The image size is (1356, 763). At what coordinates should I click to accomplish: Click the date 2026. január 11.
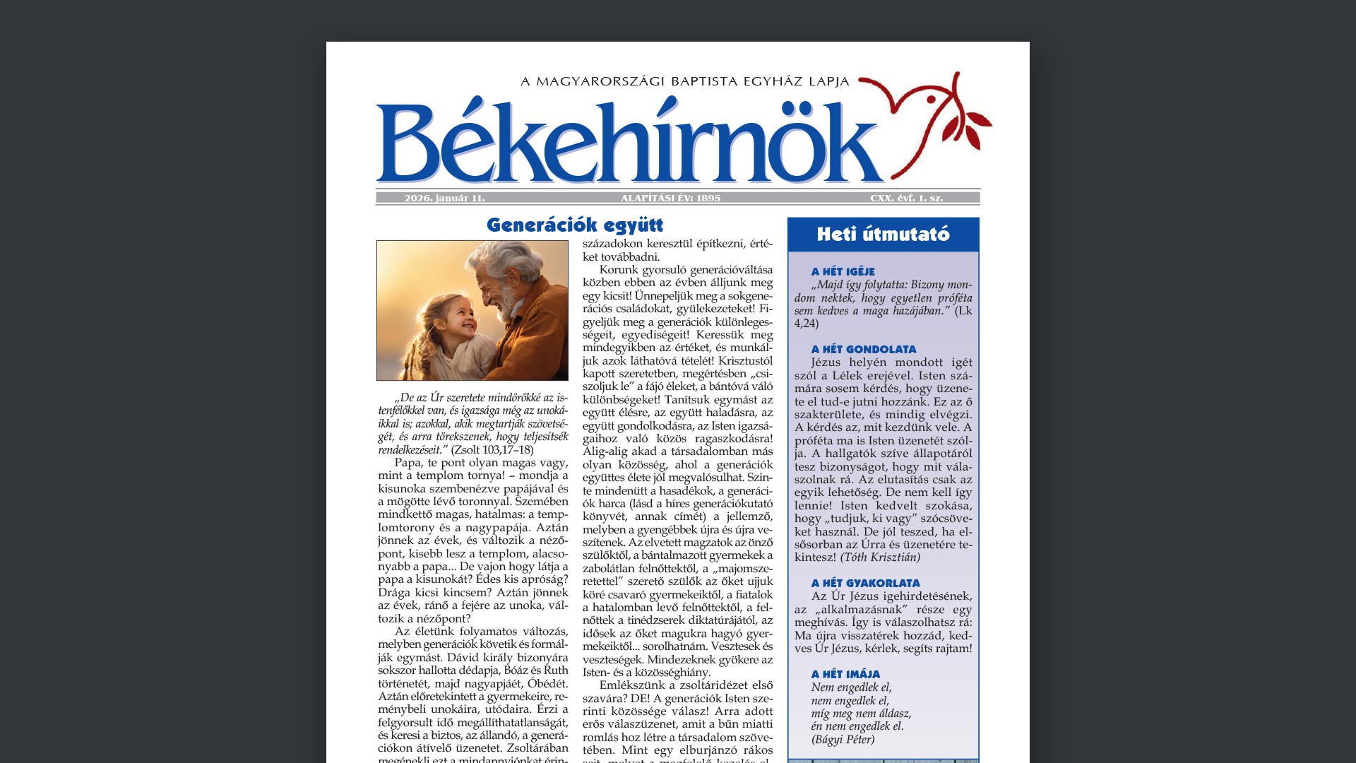[x=444, y=199]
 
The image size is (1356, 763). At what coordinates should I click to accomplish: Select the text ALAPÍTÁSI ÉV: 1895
[x=670, y=199]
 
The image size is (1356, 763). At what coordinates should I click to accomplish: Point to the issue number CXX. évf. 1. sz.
[x=906, y=199]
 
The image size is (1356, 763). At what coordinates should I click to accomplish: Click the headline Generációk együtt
[x=575, y=225]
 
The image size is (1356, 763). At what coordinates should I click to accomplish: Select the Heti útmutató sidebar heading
[x=883, y=235]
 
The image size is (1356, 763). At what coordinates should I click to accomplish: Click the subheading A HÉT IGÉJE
[x=843, y=272]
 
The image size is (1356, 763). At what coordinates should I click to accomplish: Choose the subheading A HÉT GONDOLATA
[x=863, y=350]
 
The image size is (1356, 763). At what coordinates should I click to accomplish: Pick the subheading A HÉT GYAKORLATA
[x=865, y=584]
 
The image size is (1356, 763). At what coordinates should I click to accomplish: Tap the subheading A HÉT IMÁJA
[x=845, y=675]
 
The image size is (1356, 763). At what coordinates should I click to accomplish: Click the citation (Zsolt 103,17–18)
[x=492, y=450]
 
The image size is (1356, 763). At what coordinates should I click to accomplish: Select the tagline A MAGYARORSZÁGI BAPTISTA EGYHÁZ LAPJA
[x=684, y=82]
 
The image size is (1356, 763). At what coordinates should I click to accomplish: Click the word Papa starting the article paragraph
[x=408, y=463]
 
